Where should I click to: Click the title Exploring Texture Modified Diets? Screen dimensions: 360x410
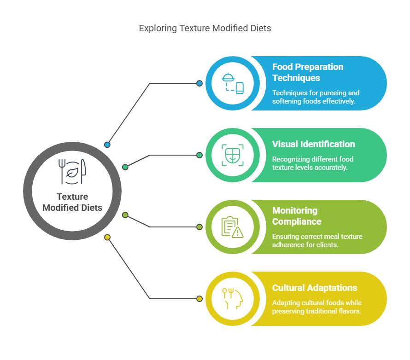pyautogui.click(x=205, y=28)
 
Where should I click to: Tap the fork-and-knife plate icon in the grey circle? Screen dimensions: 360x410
pyautogui.click(x=72, y=171)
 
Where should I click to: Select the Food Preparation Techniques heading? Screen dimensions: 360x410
pyautogui.click(x=308, y=72)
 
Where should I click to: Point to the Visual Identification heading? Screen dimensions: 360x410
pyautogui.click(x=313, y=144)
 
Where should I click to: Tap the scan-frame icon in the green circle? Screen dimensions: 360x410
pyautogui.click(x=232, y=155)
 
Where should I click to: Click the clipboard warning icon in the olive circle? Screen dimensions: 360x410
pyautogui.click(x=232, y=227)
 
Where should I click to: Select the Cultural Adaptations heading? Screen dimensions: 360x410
pyautogui.click(x=315, y=288)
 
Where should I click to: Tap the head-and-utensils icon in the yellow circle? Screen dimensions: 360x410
pyautogui.click(x=232, y=299)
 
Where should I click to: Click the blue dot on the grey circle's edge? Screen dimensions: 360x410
pyautogui.click(x=107, y=145)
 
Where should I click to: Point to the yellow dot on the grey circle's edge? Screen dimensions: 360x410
pyautogui.click(x=107, y=238)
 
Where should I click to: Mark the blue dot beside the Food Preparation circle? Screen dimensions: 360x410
pyautogui.click(x=199, y=83)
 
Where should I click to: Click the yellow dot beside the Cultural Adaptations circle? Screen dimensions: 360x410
pyautogui.click(x=199, y=299)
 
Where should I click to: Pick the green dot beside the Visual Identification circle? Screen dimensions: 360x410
pyautogui.click(x=199, y=155)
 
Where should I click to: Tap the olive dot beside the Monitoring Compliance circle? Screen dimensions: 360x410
pyautogui.click(x=199, y=227)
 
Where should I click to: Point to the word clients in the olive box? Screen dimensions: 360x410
pyautogui.click(x=328, y=245)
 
